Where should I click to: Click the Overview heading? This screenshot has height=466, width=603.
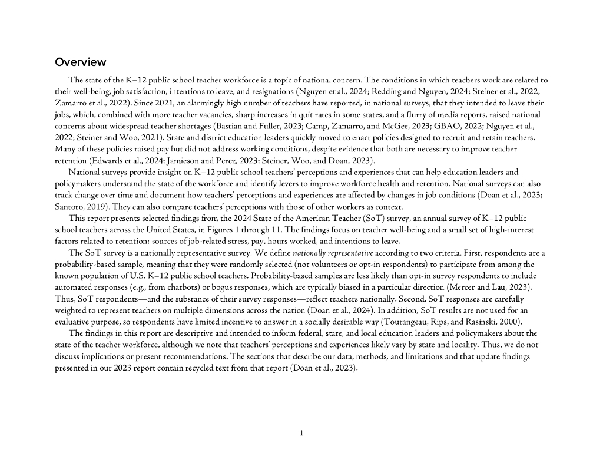81,62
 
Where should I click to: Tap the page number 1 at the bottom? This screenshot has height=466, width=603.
301,434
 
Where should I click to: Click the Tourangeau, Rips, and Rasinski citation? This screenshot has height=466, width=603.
450,322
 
